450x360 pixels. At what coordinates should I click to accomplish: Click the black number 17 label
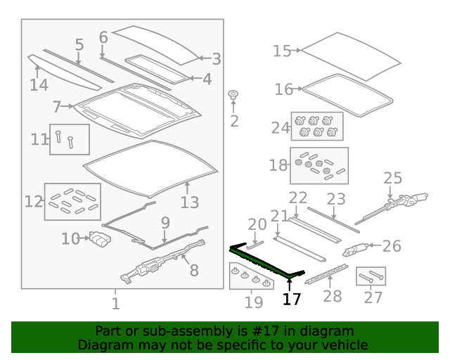coord(292,299)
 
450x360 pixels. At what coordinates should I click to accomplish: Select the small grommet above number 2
coord(233,95)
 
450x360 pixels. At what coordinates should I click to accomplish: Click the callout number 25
coord(392,178)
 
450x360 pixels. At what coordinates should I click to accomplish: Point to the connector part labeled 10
coord(100,239)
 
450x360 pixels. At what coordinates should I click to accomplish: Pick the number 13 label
coord(189,202)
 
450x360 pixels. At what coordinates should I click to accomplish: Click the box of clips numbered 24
coord(317,127)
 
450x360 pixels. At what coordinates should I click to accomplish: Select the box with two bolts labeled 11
coord(70,139)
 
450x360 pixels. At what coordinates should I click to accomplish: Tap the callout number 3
coord(217,59)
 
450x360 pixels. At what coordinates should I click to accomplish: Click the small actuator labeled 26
coord(355,250)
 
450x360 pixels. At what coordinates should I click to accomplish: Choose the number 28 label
coord(333,296)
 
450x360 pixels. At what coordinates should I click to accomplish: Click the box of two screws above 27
coord(371,276)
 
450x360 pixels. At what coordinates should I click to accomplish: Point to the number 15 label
coord(282,51)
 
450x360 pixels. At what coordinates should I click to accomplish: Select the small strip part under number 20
coord(255,245)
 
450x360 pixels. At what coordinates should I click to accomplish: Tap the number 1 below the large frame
coord(115,304)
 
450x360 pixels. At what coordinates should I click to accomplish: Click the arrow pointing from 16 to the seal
coord(297,89)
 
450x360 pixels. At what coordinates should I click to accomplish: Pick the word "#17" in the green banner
coord(266,331)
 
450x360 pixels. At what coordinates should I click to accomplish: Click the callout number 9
coord(165,223)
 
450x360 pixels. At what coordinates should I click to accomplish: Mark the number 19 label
coord(254,302)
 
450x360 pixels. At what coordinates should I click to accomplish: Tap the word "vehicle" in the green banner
coord(349,345)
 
